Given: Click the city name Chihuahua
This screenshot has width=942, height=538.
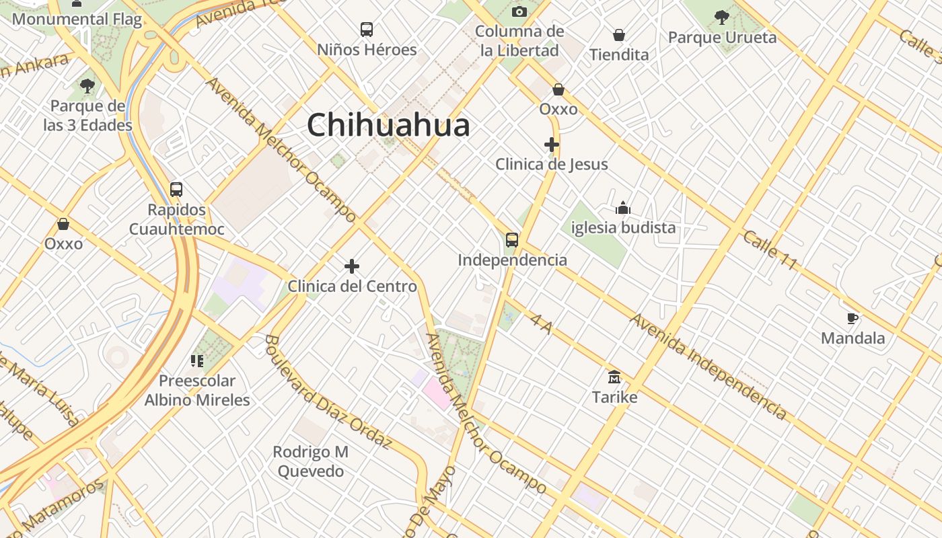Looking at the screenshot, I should point(388,126).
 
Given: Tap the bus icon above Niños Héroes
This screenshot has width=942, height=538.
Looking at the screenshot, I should point(367,30).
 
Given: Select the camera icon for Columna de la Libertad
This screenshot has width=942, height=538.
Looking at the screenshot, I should point(519,11).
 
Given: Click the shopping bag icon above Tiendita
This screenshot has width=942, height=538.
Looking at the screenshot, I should point(619,35).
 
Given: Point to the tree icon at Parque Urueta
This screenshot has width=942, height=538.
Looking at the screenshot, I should point(722,17).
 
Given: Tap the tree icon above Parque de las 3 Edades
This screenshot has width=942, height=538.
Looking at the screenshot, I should point(87,85).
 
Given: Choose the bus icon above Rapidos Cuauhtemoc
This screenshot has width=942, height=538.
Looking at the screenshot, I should point(176,190).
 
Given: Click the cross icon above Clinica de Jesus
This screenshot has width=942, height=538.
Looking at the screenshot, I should point(552,145).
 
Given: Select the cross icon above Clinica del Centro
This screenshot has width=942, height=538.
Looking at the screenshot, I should point(352,267).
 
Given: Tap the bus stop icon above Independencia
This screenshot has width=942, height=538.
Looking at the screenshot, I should point(512,240).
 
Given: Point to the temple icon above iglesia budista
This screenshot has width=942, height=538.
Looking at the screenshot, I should point(623,208).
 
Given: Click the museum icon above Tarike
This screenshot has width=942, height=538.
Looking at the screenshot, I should point(614,377).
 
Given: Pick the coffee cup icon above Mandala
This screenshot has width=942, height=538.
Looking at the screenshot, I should point(853,318).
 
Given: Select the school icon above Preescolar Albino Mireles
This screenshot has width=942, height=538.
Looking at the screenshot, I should point(197,361).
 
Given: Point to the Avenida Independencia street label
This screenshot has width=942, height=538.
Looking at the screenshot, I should point(708,366).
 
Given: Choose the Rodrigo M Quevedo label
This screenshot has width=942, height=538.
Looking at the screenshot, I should point(311,461).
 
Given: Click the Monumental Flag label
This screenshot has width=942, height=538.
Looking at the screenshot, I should point(77,19).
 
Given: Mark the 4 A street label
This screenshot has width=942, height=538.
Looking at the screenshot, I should point(542,324).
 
